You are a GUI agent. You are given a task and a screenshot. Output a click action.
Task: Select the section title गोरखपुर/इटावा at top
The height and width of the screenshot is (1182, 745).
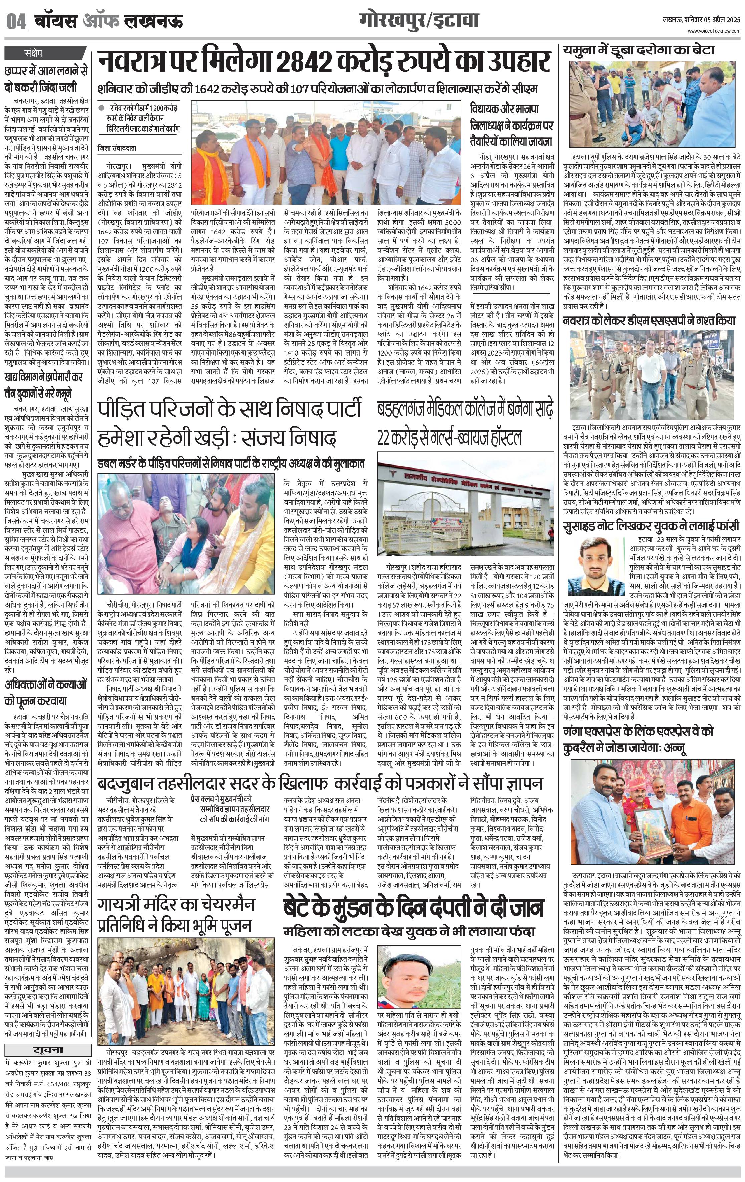coord(419,21)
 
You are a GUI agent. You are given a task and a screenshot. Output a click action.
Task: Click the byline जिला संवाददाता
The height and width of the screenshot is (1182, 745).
coord(118,147)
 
